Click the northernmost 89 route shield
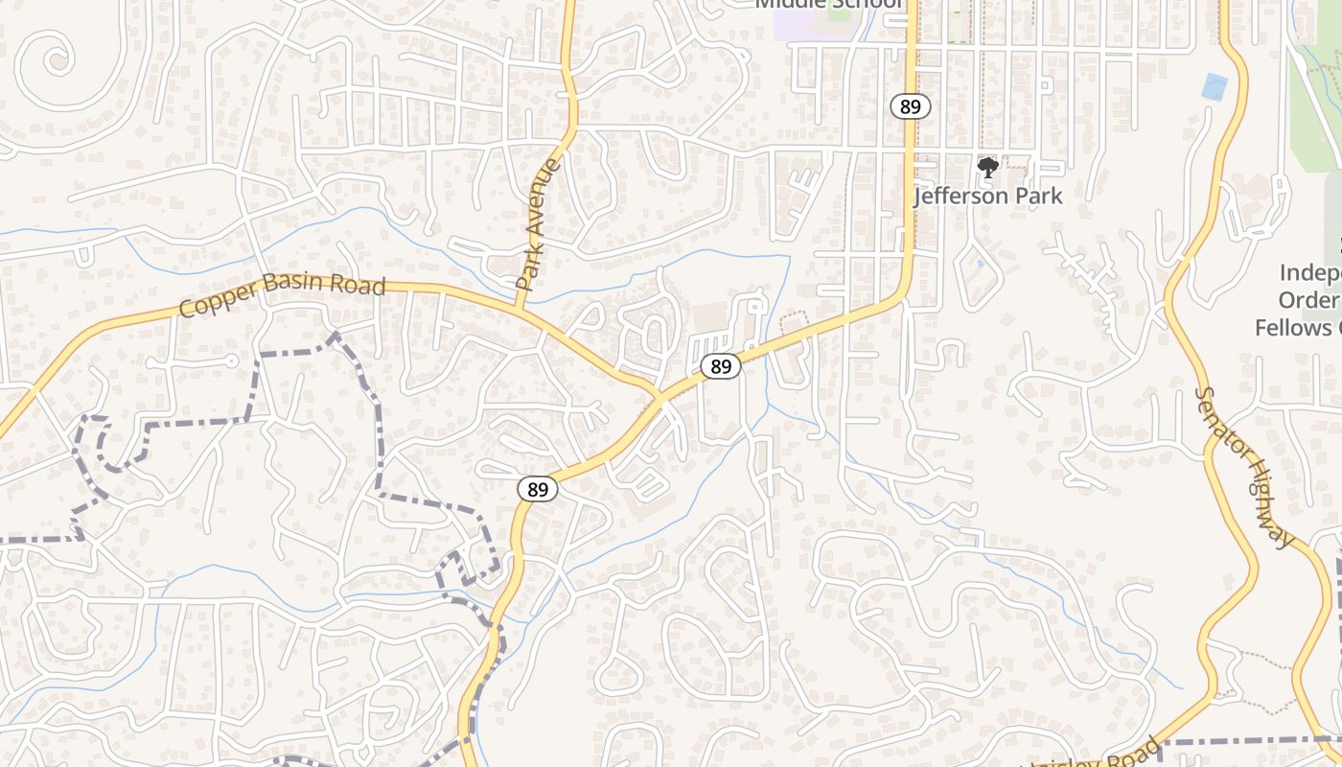pos(910,106)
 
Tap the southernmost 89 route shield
pos(538,490)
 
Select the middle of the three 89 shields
pos(721,366)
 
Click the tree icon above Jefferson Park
pos(987,169)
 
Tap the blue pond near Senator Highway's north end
pos(1214,87)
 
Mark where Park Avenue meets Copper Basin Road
pos(519,308)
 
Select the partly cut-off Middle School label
pos(828,4)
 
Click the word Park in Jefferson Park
pos(1039,197)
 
